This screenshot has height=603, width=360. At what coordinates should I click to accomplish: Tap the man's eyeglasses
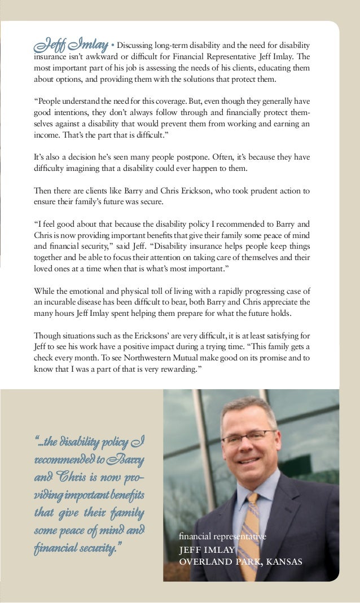point(248,437)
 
